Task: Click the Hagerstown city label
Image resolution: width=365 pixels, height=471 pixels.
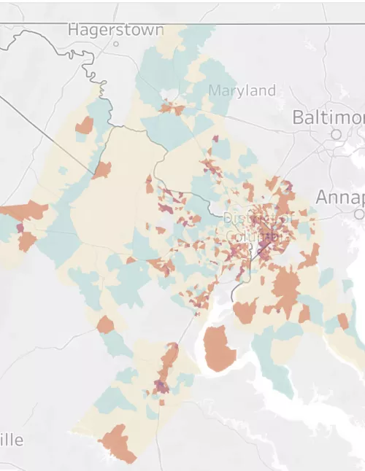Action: (115, 29)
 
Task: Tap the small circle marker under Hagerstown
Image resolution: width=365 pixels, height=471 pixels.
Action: (115, 44)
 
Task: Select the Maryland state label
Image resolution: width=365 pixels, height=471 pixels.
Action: (242, 91)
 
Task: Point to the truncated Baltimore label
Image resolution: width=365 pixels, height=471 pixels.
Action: (328, 117)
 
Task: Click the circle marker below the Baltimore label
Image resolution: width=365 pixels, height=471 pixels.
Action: (336, 134)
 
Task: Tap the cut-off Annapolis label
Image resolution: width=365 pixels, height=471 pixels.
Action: (339, 198)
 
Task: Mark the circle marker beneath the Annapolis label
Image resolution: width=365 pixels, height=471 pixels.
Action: (358, 214)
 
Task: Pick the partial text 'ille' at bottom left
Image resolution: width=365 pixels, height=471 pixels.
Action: (12, 440)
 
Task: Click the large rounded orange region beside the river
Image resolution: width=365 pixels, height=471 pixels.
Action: (220, 349)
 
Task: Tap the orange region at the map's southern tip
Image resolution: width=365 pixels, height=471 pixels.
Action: (118, 443)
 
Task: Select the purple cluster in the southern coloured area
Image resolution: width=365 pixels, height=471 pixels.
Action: (161, 386)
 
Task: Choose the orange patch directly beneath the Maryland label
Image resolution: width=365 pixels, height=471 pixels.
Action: (173, 109)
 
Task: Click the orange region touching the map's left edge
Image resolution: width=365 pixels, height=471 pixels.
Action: (22, 211)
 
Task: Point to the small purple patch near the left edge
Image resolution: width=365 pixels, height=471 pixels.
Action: (20, 228)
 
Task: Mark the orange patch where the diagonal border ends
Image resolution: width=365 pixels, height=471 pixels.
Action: (101, 171)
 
